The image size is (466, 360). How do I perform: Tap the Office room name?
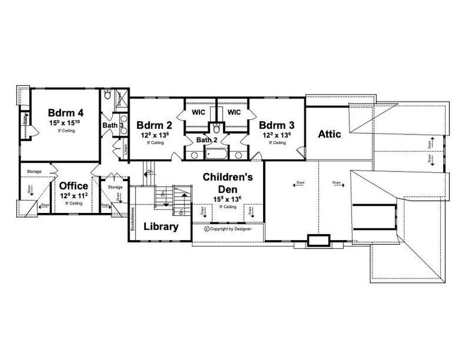[x=73, y=187]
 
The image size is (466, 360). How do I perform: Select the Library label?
[x=160, y=227]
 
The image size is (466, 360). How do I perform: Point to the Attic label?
[x=329, y=134]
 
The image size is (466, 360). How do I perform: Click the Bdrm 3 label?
[x=276, y=125]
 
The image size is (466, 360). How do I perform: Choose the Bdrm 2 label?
[x=154, y=125]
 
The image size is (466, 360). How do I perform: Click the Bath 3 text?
[x=112, y=125]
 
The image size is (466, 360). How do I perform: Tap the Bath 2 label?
[x=208, y=140]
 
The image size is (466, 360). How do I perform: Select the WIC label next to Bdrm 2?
[x=199, y=112]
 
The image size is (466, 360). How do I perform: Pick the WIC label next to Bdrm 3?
[x=234, y=112]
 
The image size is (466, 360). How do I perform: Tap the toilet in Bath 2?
[x=216, y=128]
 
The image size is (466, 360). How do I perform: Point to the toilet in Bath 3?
[x=107, y=95]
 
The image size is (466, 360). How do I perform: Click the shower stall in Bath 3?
[x=120, y=97]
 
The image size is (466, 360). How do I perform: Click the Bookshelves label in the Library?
[x=132, y=220]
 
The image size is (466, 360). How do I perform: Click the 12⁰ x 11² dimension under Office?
[x=73, y=196]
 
